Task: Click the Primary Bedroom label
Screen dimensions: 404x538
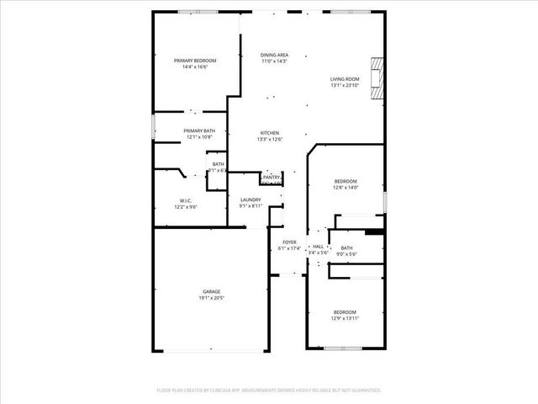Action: (x=195, y=61)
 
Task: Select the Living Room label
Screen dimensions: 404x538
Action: (x=345, y=79)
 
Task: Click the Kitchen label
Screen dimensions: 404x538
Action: (x=269, y=133)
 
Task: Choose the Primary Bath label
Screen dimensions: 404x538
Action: (x=199, y=130)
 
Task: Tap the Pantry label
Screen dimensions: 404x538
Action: (x=271, y=178)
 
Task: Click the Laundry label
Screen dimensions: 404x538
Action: (x=251, y=199)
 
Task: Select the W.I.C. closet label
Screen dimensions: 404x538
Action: (x=186, y=200)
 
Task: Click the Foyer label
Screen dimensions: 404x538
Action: (x=289, y=242)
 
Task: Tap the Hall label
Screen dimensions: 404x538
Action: (x=318, y=247)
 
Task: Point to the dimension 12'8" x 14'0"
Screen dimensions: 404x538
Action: (x=345, y=188)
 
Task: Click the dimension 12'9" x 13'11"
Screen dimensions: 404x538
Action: (x=344, y=318)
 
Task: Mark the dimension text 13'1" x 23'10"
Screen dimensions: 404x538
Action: (x=345, y=85)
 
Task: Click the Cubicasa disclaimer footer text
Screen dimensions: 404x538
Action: (x=269, y=391)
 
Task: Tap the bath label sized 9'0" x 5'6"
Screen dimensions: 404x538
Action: (x=346, y=247)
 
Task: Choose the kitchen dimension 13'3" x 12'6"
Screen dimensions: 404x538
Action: (x=269, y=139)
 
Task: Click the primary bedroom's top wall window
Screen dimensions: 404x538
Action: (x=195, y=11)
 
